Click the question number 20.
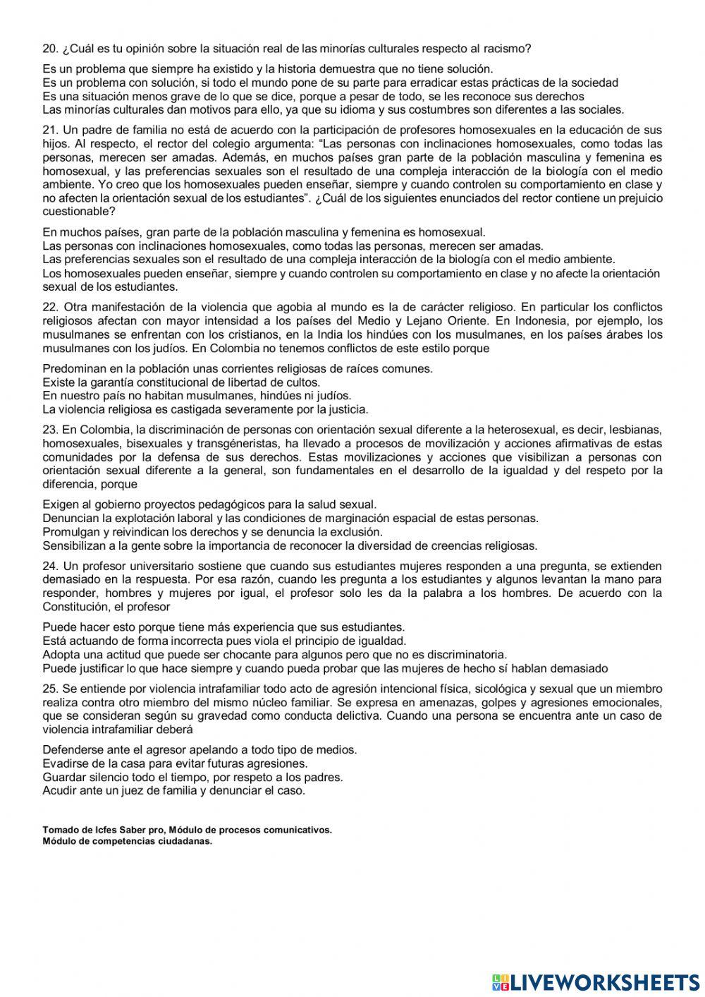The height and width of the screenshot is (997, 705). tap(49, 49)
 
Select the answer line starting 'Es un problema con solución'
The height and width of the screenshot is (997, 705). tap(330, 83)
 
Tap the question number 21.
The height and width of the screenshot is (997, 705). tap(49, 130)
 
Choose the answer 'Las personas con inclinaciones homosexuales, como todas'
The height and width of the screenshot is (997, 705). tap(293, 246)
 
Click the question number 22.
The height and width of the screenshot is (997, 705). tap(49, 307)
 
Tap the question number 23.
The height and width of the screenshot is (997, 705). tap(49, 429)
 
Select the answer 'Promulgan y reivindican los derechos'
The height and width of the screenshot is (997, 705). tap(212, 532)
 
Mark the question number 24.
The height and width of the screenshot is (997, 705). tap(49, 566)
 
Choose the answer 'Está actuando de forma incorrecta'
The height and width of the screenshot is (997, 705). tap(224, 641)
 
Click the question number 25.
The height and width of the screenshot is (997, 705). tap(49, 688)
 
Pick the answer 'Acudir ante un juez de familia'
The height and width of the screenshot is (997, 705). tap(173, 790)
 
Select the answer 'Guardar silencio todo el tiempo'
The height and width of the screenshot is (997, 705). tap(192, 777)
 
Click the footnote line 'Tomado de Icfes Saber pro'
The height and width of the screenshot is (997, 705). tap(187, 830)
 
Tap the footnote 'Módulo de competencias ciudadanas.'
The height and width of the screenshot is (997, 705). tap(127, 840)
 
